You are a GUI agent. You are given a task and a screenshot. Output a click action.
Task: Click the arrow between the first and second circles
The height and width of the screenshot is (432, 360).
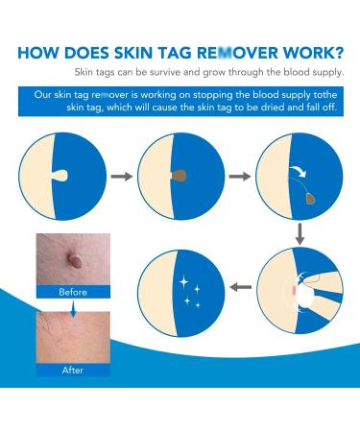[121, 177]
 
